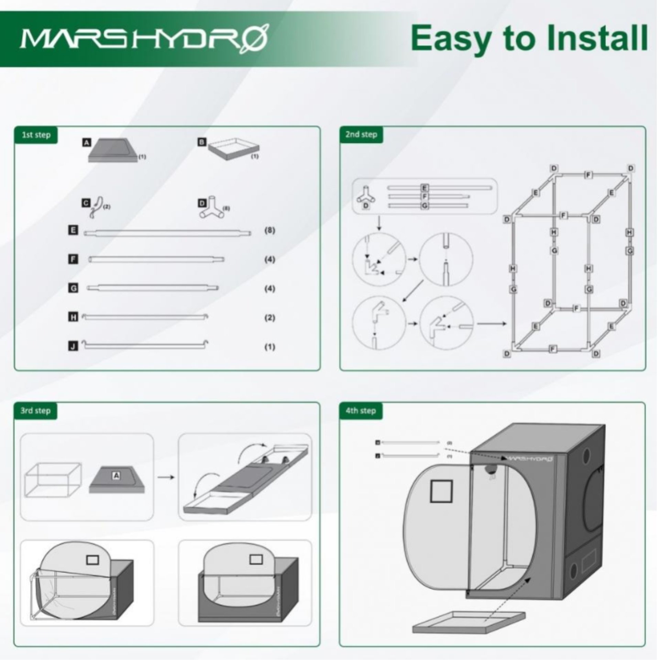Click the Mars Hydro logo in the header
[x=144, y=39]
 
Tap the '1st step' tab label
[x=36, y=135]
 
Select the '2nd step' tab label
[x=361, y=134]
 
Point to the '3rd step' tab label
[x=35, y=410]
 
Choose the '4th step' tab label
[x=361, y=410]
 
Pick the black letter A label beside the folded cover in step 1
[x=86, y=142]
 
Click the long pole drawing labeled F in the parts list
[x=156, y=259]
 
